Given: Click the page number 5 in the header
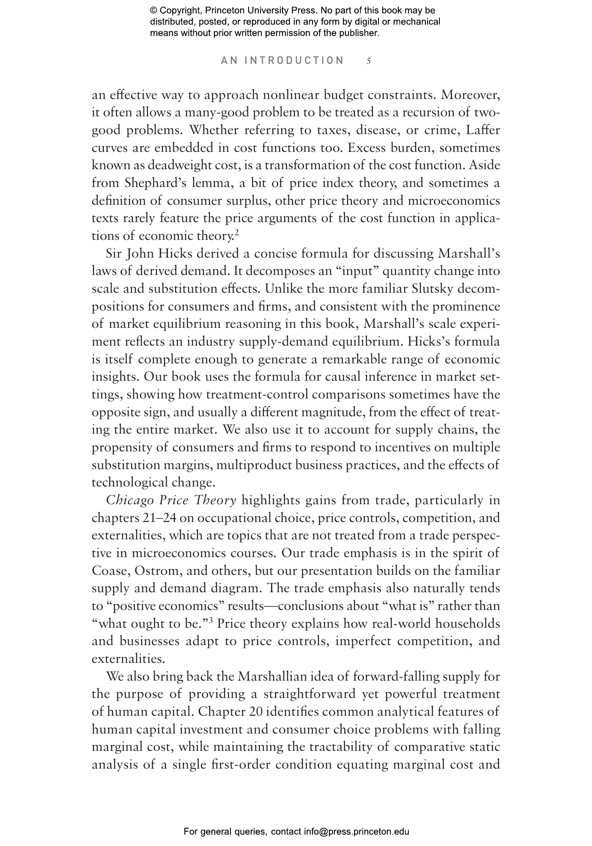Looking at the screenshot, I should coord(369,61).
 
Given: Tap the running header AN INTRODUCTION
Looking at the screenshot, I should coord(282,60).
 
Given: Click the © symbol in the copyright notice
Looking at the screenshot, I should coord(154,11).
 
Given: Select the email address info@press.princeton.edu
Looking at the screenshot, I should coord(356,832).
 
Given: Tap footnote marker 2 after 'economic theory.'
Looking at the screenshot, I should coord(237,233).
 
